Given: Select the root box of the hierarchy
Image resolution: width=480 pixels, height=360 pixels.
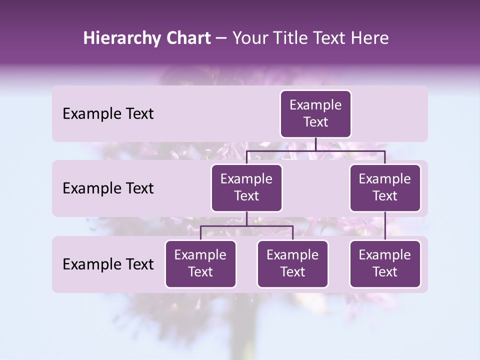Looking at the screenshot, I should pos(315,114).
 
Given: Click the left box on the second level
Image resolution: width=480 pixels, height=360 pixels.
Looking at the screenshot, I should pos(246,188).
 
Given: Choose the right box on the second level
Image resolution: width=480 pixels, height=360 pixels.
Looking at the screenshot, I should pos(385,188).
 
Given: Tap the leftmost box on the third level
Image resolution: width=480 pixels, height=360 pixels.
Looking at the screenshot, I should pos(200,264).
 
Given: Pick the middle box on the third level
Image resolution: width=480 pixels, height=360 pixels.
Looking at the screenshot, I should pos(292,264).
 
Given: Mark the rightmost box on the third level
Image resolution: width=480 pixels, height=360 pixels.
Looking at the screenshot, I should pos(385,264).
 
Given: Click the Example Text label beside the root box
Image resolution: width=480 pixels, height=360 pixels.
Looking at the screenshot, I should pos(108,114).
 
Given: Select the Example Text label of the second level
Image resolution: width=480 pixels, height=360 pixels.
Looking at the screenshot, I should pos(108,188).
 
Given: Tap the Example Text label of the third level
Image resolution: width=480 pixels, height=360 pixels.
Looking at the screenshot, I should pos(108,264).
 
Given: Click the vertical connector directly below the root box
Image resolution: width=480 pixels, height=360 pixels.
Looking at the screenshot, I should pos(315,144).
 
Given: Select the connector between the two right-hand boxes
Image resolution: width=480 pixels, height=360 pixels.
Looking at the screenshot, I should pos(385,226).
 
